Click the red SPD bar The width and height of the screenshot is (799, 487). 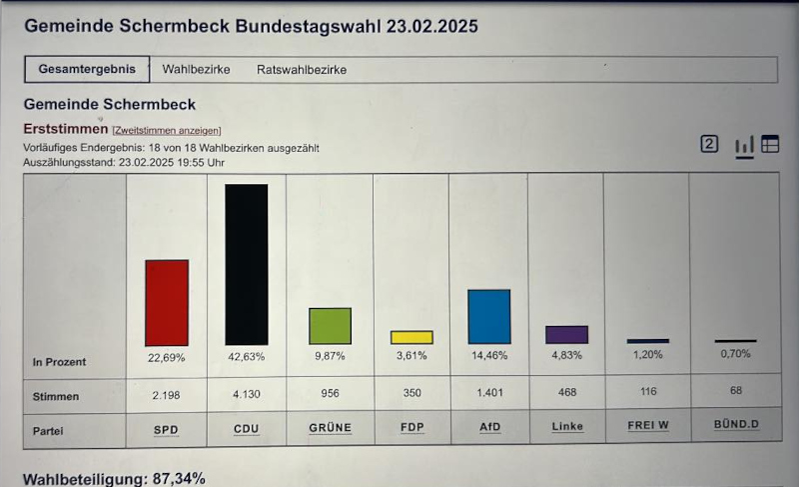167,303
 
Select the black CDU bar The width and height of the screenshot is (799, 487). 246,265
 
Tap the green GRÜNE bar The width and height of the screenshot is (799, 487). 330,326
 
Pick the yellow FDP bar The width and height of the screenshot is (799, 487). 411,337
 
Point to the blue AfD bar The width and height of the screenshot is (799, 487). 489,317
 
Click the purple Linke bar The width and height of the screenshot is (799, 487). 567,335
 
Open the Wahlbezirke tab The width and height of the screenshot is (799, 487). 196,70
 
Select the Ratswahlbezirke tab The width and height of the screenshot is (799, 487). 302,70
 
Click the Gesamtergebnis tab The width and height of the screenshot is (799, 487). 87,70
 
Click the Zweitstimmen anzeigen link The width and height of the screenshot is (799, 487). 167,130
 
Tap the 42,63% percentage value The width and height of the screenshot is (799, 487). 247,357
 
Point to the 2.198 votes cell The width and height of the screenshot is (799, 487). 167,394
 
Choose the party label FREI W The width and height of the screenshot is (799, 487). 647,426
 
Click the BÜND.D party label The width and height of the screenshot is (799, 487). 736,426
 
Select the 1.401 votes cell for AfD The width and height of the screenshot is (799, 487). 489,394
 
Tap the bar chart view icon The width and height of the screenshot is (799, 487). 744,146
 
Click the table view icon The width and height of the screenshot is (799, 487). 770,144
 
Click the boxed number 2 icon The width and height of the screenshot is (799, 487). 709,144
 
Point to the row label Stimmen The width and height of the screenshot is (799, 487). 55,396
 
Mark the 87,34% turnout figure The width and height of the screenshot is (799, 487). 179,479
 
